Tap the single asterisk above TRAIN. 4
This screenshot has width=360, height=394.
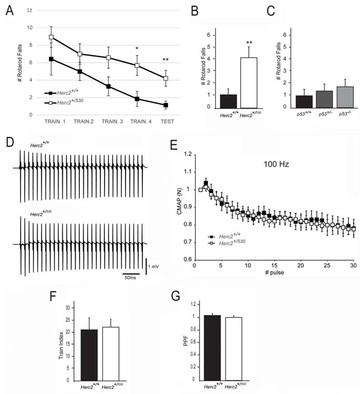pyautogui.click(x=136, y=49)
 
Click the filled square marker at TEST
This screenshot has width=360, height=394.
pyautogui.click(x=166, y=105)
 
